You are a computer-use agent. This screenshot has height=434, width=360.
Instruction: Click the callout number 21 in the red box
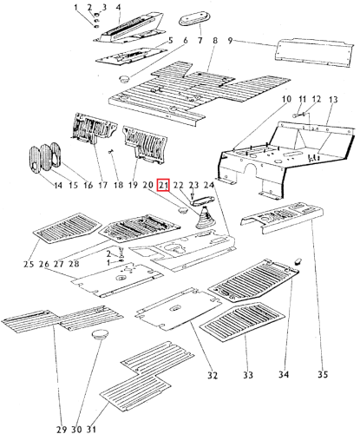click(x=163, y=185)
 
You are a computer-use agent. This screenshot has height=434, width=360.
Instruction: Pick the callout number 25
click(x=29, y=264)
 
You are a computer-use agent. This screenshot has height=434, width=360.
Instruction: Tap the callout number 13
click(x=331, y=102)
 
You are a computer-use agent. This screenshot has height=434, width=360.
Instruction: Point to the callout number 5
click(x=170, y=41)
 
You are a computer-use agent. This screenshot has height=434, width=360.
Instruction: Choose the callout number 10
click(x=286, y=102)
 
